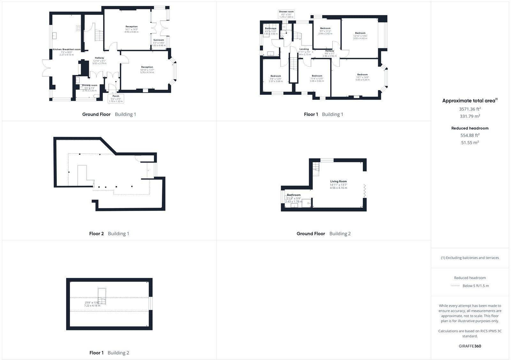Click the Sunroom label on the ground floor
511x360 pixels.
pyautogui.click(x=158, y=40)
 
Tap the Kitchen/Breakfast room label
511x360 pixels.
pyautogui.click(x=66, y=49)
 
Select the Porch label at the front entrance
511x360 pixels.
pyautogui.click(x=116, y=96)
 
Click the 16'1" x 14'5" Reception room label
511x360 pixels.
pyautogui.click(x=131, y=27)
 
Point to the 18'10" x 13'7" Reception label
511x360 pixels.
pyautogui.click(x=147, y=67)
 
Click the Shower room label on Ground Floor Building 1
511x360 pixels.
pyautogui.click(x=89, y=86)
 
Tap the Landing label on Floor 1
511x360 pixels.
pyautogui.click(x=304, y=49)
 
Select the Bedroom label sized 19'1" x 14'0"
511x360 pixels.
pyautogui.click(x=362, y=75)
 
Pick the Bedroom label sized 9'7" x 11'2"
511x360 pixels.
pyautogui.click(x=325, y=28)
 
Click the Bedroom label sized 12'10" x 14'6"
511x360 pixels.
pyautogui.click(x=360, y=33)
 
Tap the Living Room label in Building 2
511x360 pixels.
pyautogui.click(x=338, y=182)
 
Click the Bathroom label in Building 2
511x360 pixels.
pyautogui.click(x=294, y=195)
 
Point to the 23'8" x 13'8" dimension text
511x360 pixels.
pyautogui.click(x=92, y=303)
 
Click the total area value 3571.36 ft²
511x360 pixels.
pyautogui.click(x=470, y=109)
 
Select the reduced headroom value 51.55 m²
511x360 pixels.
pyautogui.click(x=470, y=143)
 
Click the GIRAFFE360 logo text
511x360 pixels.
pyautogui.click(x=470, y=346)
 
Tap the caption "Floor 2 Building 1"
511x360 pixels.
pyautogui.click(x=109, y=234)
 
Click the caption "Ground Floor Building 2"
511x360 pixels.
pyautogui.click(x=324, y=234)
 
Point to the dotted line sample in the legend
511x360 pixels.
pyautogui.click(x=455, y=286)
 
